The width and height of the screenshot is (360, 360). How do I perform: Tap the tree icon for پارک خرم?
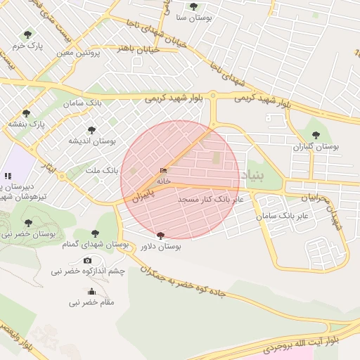(x=27, y=34)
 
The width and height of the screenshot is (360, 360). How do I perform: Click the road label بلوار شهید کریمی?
(x=174, y=99)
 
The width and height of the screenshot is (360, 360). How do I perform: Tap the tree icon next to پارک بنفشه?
(x=26, y=112)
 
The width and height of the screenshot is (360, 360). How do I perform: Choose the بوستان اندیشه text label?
(x=91, y=141)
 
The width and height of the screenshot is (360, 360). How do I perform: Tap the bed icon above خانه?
(x=164, y=171)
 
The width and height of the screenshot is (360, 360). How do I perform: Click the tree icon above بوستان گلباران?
(x=315, y=135)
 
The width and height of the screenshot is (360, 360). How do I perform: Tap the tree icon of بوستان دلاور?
(x=161, y=236)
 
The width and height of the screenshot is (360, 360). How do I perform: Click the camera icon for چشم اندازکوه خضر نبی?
(x=87, y=261)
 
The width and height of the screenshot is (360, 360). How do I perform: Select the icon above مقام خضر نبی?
(x=91, y=292)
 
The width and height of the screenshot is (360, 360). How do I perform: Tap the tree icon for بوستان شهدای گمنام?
(x=96, y=233)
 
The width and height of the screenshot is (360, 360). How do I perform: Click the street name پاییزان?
(x=143, y=195)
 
